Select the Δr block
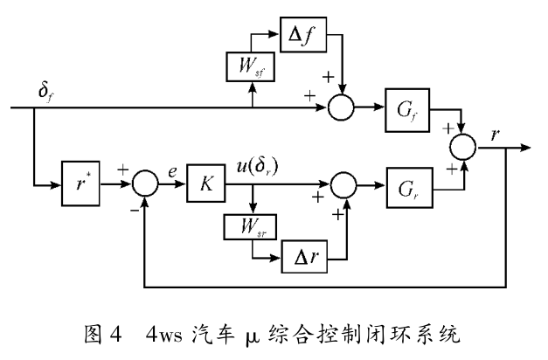coord(301,258)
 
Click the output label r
coord(496,135)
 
